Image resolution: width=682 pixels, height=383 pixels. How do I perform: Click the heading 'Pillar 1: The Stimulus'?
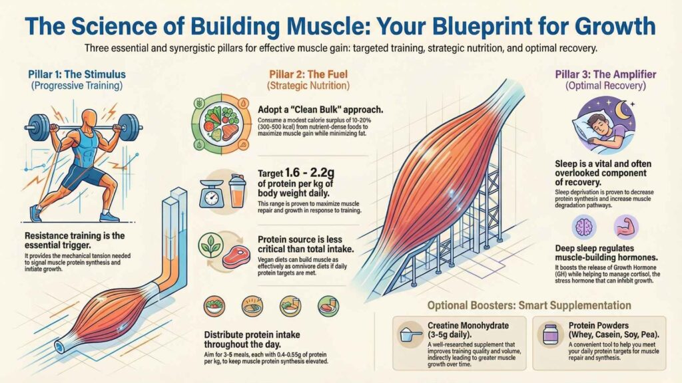pos(77,74)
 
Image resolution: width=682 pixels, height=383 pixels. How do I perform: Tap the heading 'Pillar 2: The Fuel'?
pos(308,74)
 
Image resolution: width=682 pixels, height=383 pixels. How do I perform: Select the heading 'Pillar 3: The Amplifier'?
pos(605,74)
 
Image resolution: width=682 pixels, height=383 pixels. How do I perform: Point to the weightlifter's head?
pos(89,118)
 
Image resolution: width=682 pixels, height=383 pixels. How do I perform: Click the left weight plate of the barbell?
pos(38,127)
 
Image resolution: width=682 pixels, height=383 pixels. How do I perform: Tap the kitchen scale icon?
pos(211,193)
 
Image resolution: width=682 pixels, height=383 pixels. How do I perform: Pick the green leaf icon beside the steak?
pos(210,245)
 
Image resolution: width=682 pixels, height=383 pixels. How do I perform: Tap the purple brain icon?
pos(583,227)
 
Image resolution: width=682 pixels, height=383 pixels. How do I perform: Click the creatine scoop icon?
pos(410,335)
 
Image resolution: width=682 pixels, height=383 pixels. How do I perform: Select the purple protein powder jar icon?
pos(549,334)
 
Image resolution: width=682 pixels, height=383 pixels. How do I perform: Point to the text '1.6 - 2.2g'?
pos(309,173)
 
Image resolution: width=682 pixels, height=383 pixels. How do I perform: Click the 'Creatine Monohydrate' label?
pos(468,325)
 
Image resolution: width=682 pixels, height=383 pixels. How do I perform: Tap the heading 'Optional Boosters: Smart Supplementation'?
pos(529,305)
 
